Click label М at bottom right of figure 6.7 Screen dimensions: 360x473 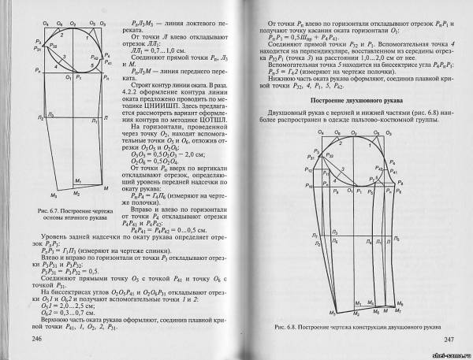[106, 189]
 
